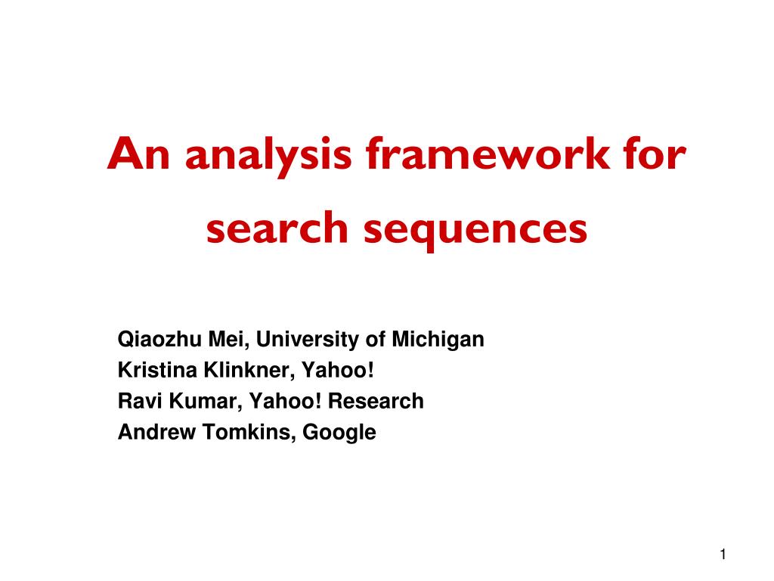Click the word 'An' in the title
tap(138, 154)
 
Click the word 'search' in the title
tap(277, 228)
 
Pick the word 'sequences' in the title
tap(475, 231)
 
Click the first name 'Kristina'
tap(157, 370)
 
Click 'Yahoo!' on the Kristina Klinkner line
tap(338, 370)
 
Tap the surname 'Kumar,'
tap(206, 402)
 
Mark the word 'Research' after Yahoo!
tap(376, 401)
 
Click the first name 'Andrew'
tap(156, 432)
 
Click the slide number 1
tap(723, 555)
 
